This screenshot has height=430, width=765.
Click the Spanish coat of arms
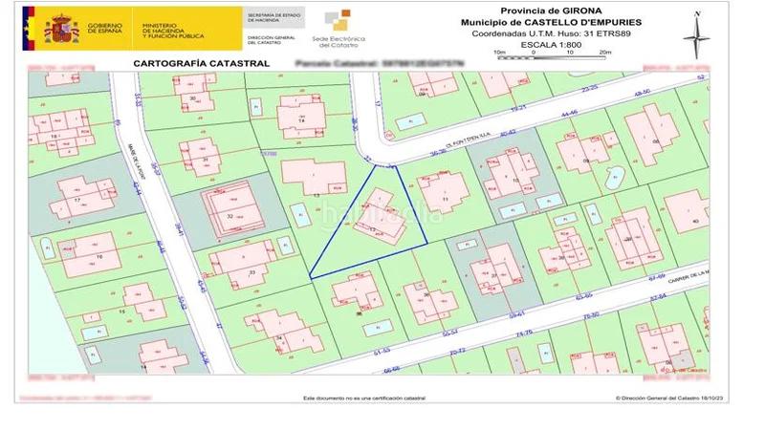[61, 28]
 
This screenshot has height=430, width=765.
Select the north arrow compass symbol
[696, 31]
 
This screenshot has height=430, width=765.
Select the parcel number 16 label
[99, 257]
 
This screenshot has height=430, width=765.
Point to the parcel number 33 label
[251, 272]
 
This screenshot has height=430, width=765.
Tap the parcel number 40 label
[695, 222]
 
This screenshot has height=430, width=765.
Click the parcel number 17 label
[76, 202]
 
